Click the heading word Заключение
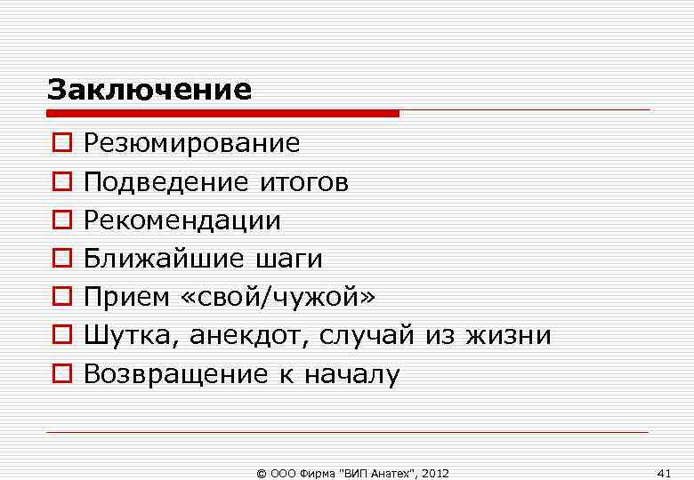coord(149,90)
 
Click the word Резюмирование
coord(191,143)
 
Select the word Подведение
coord(166,183)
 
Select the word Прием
coord(124,297)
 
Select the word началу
coord(351,374)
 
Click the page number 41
coord(663,472)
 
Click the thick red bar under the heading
coord(222,113)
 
